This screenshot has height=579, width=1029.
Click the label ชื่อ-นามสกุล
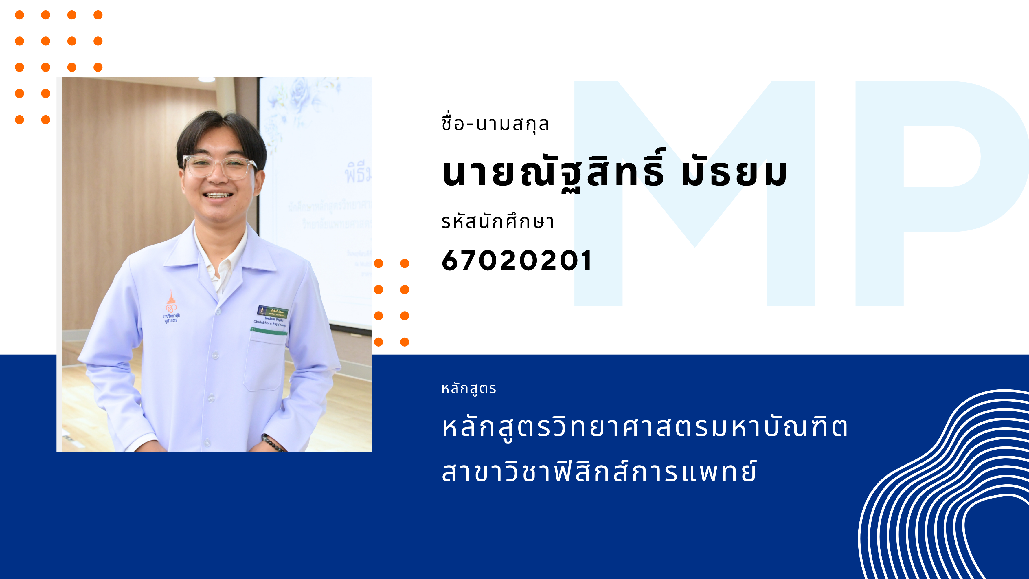[495, 124]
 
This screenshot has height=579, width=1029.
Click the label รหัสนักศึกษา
[497, 221]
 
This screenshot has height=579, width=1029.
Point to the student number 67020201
[516, 261]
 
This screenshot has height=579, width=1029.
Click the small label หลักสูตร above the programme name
[468, 389]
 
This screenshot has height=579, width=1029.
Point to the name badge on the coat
[272, 311]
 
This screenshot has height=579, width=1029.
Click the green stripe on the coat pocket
[269, 331]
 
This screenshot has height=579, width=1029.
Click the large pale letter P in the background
[939, 192]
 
